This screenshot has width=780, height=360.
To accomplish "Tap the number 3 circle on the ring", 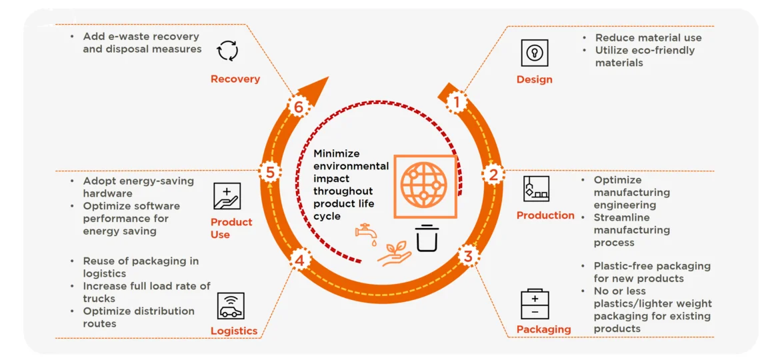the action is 467,256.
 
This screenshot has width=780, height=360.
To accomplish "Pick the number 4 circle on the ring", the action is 299,259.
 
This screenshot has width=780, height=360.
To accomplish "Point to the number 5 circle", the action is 270,172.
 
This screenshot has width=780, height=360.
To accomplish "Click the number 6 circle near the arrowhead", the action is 299,107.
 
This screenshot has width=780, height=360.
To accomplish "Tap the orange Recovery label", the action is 235,79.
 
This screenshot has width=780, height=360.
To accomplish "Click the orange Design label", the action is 534,79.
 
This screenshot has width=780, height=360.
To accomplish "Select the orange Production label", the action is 545,215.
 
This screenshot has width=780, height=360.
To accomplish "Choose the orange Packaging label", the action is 544,329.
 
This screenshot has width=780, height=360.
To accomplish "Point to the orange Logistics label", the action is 234,331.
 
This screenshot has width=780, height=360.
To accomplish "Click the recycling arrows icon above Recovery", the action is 228,51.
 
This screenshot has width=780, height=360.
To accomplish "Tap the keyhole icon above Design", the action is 535,53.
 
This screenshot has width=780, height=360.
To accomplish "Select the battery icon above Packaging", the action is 535,304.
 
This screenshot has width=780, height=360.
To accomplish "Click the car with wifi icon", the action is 231,305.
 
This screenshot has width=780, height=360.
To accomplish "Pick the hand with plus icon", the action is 227,196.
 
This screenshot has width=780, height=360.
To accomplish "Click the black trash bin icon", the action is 427,238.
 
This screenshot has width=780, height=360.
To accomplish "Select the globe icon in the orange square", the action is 424,187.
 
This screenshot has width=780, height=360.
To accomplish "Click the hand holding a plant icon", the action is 395,253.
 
